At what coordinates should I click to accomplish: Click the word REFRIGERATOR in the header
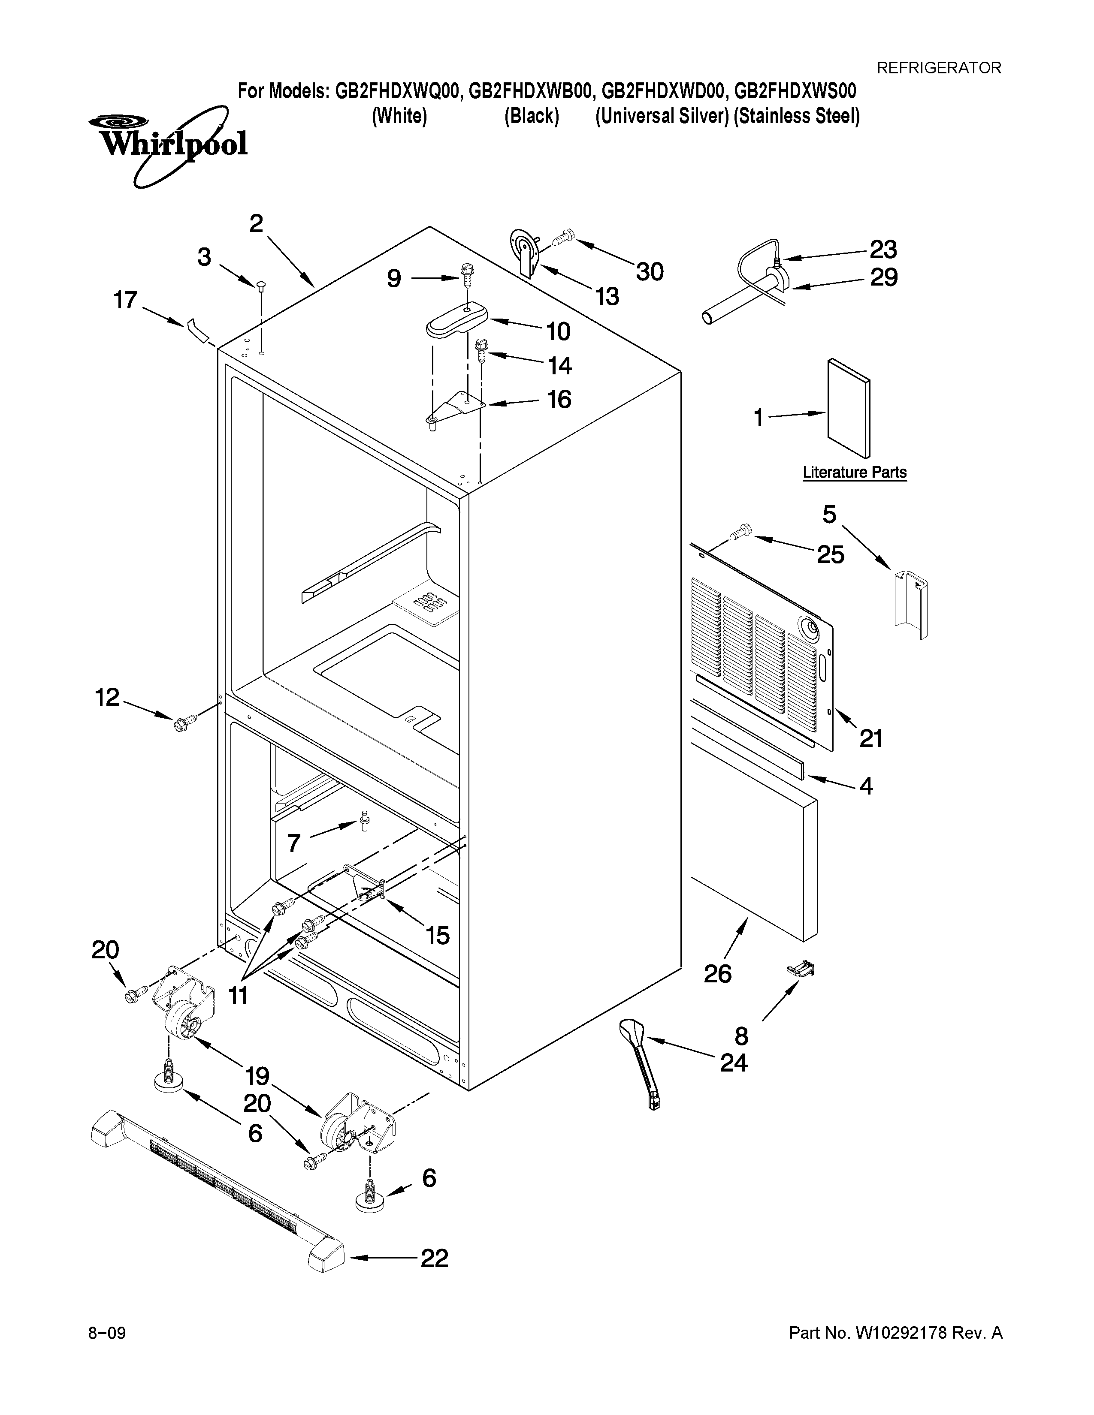(x=938, y=67)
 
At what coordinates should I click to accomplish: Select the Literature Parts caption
(x=854, y=473)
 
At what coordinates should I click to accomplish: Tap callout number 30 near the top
(x=650, y=271)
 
